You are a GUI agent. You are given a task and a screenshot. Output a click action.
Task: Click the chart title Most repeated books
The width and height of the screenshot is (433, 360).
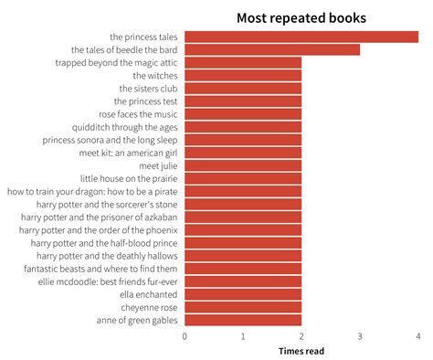(301, 17)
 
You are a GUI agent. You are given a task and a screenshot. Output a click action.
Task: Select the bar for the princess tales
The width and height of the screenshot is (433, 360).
(301, 37)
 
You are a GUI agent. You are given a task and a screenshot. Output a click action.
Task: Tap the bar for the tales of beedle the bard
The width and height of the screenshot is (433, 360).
(272, 50)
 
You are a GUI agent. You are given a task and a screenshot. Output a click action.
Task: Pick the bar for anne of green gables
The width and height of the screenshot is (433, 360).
(243, 320)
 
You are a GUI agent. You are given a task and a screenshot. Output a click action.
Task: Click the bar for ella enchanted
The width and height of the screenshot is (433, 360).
(243, 294)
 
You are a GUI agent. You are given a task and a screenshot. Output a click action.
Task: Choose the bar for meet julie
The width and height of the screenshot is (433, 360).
(243, 166)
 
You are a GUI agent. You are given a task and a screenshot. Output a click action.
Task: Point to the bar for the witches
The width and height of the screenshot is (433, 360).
(243, 76)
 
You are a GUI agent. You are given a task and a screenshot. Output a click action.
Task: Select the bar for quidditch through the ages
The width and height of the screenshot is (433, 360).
(243, 127)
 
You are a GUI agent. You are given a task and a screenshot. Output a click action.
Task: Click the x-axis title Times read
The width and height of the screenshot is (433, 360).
(301, 351)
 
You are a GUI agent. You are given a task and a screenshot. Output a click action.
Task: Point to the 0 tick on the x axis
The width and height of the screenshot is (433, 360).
(185, 336)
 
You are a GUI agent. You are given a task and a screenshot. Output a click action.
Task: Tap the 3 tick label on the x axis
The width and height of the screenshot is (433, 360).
(360, 336)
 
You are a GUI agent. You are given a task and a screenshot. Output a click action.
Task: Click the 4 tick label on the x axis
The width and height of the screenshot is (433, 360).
(418, 336)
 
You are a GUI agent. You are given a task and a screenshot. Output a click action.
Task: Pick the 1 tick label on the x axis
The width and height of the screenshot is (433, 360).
(243, 336)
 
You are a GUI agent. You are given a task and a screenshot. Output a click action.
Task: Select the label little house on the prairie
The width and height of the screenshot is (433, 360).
(129, 179)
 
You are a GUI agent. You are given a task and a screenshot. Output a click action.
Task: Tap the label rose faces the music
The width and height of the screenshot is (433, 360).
(138, 114)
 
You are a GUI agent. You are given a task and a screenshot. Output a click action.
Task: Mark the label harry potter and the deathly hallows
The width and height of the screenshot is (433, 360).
(100, 256)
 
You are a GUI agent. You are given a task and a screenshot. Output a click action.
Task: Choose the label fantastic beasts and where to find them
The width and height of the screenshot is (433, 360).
(100, 269)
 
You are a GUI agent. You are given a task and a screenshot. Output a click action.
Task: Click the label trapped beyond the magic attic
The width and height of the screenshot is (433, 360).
(116, 63)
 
